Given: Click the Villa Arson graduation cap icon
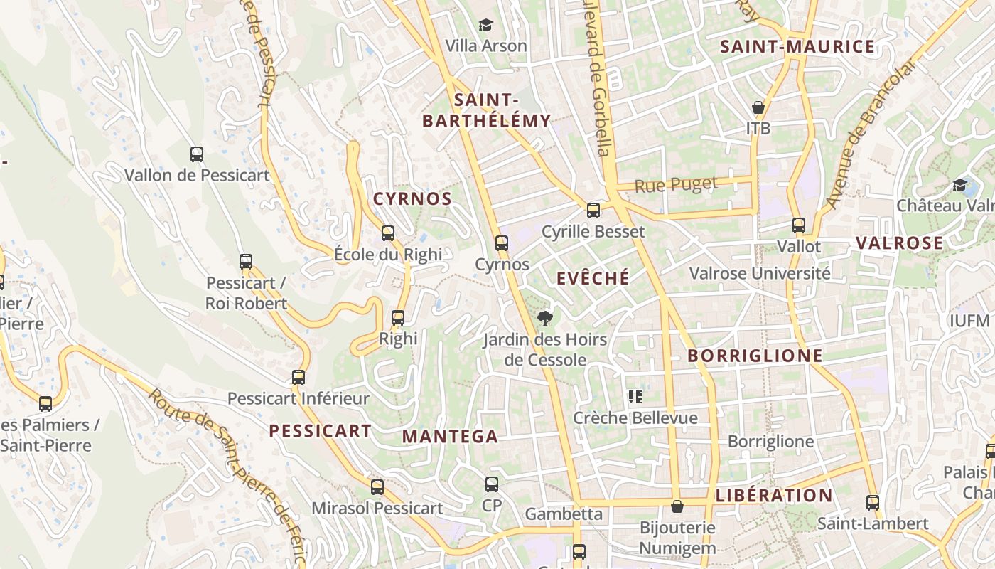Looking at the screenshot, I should (485, 26).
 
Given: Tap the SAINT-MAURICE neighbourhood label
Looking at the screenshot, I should (797, 47).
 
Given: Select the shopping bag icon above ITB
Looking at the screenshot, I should (758, 108).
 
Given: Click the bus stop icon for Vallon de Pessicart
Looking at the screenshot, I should (197, 154).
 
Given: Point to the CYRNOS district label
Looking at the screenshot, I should (413, 198).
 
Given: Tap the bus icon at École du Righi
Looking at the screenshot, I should (388, 233).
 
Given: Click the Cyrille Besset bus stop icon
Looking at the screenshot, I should (593, 211).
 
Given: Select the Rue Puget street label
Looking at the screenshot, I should (676, 185).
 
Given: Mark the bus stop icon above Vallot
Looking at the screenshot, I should (799, 226).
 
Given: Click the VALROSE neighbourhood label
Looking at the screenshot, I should (899, 243).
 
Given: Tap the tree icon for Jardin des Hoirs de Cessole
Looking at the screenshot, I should (545, 319).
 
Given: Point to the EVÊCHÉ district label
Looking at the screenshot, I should (593, 278).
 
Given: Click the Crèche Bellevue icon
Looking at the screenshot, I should (635, 397).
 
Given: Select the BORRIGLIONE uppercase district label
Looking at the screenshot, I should (755, 356).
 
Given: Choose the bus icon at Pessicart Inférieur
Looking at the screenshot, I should (298, 378).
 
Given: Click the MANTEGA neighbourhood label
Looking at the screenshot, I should (451, 437).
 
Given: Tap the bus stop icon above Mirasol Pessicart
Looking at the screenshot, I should (377, 487).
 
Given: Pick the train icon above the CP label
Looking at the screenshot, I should (492, 485).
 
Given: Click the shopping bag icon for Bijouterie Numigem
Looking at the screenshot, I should (677, 506).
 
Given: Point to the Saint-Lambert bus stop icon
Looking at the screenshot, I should (873, 503).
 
